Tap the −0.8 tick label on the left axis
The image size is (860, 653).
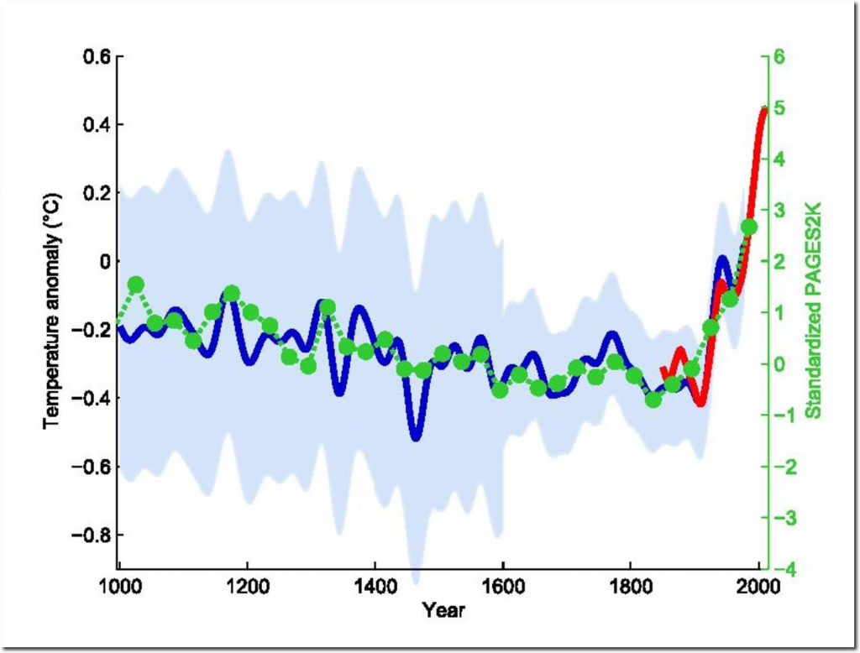tap(90, 535)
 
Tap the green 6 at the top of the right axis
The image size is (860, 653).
tap(779, 57)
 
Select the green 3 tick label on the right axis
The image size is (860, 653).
tap(779, 211)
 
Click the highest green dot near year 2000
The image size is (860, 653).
tap(749, 227)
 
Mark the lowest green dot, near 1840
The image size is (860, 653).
tap(653, 400)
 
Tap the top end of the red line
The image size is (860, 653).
tap(763, 109)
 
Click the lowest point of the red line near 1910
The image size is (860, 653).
tap(700, 404)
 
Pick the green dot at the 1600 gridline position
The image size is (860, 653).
tap(501, 389)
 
